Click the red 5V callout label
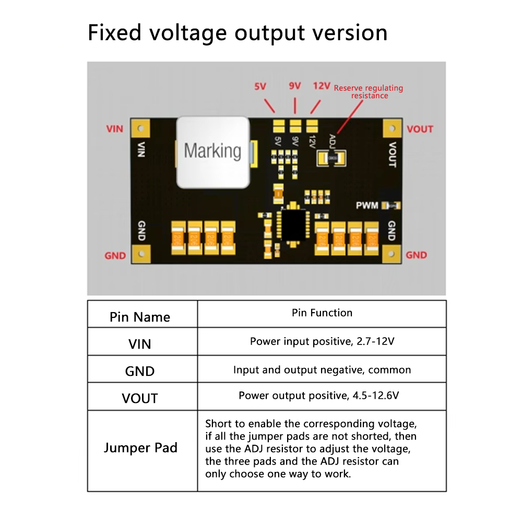tap(260, 87)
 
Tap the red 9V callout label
tap(294, 86)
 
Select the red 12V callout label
tap(322, 86)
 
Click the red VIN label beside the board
tap(115, 129)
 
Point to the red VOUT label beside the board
tap(420, 129)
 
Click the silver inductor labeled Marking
tap(213, 151)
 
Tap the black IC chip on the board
tap(294, 223)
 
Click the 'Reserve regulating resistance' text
tap(369, 92)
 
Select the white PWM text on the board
tap(367, 206)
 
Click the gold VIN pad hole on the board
tap(140, 128)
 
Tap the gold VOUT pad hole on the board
tap(391, 128)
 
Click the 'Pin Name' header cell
tap(140, 317)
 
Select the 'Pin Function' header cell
tap(322, 313)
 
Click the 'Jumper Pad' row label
tap(140, 448)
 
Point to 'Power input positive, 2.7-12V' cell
tap(322, 342)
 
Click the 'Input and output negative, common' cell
tap(322, 370)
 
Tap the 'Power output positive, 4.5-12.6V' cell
tap(319, 396)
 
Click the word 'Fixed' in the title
tap(115, 32)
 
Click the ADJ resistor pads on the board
tap(333, 156)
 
